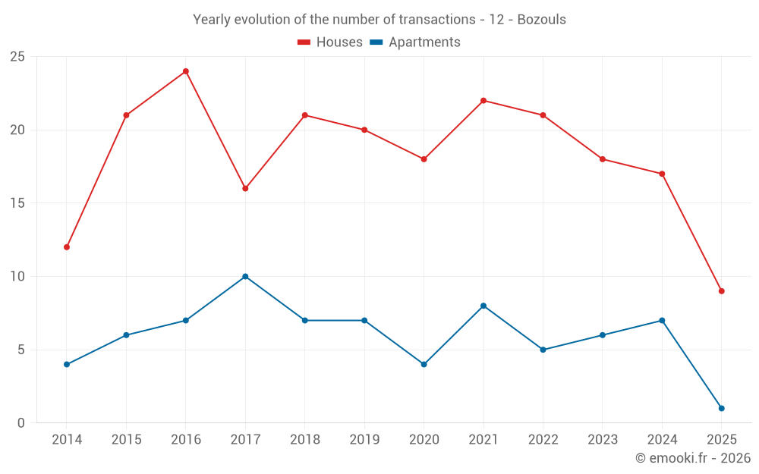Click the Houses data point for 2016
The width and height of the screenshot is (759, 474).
(185, 71)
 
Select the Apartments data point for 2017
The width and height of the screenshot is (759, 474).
(245, 276)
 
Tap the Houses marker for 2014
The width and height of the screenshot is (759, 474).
(67, 247)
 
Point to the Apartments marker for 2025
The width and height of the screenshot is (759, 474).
(721, 408)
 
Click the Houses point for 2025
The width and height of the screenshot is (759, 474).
(721, 291)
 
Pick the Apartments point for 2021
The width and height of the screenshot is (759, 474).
(483, 306)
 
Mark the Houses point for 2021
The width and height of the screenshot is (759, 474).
(483, 101)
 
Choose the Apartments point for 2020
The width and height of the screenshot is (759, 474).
(424, 364)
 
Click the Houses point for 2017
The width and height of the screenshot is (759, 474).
(245, 188)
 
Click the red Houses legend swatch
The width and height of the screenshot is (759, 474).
(304, 42)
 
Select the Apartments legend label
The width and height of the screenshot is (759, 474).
(424, 42)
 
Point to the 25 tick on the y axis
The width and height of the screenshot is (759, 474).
(17, 57)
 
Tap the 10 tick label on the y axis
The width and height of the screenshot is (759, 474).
(17, 277)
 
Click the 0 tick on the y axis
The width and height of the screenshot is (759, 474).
(21, 423)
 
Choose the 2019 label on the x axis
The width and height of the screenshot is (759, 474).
(364, 440)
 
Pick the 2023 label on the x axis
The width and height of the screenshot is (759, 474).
(603, 440)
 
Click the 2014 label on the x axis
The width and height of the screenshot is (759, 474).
(67, 440)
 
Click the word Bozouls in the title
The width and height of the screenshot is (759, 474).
(541, 20)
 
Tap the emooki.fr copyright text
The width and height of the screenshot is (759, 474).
(692, 458)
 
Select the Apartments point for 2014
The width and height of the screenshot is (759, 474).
(67, 364)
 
